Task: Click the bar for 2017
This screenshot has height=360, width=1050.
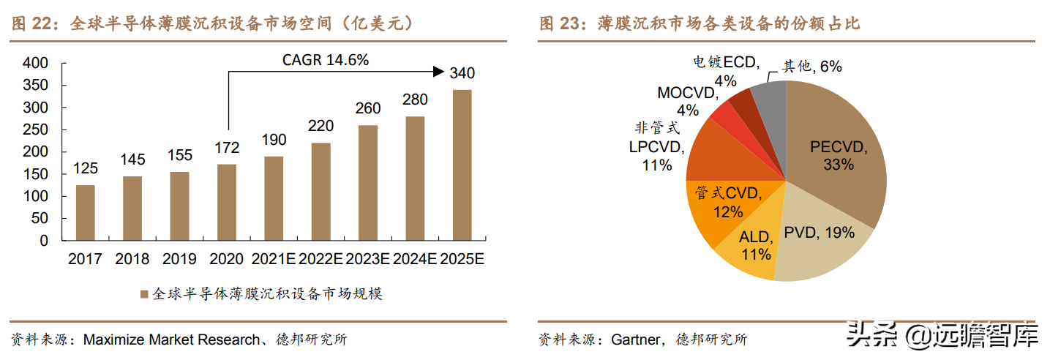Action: click(x=86, y=212)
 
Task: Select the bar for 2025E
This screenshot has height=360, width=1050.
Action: click(x=462, y=165)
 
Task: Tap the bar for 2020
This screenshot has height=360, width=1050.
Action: click(x=227, y=202)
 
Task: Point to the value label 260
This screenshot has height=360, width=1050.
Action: click(x=368, y=108)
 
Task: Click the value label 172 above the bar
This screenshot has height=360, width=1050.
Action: click(x=227, y=148)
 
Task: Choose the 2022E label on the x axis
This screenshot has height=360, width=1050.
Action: click(x=320, y=259)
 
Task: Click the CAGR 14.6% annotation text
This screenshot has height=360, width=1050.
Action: click(x=326, y=60)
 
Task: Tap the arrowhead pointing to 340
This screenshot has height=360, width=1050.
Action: click(x=438, y=71)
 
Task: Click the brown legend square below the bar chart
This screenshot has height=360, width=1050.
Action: click(x=143, y=295)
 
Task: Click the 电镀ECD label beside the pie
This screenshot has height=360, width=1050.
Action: click(x=725, y=63)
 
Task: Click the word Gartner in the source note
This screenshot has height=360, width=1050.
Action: click(x=635, y=340)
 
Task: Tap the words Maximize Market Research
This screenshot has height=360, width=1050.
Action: click(x=171, y=340)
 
